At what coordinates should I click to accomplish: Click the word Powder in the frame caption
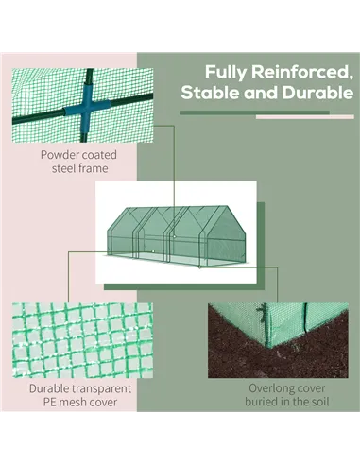(x=60, y=153)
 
